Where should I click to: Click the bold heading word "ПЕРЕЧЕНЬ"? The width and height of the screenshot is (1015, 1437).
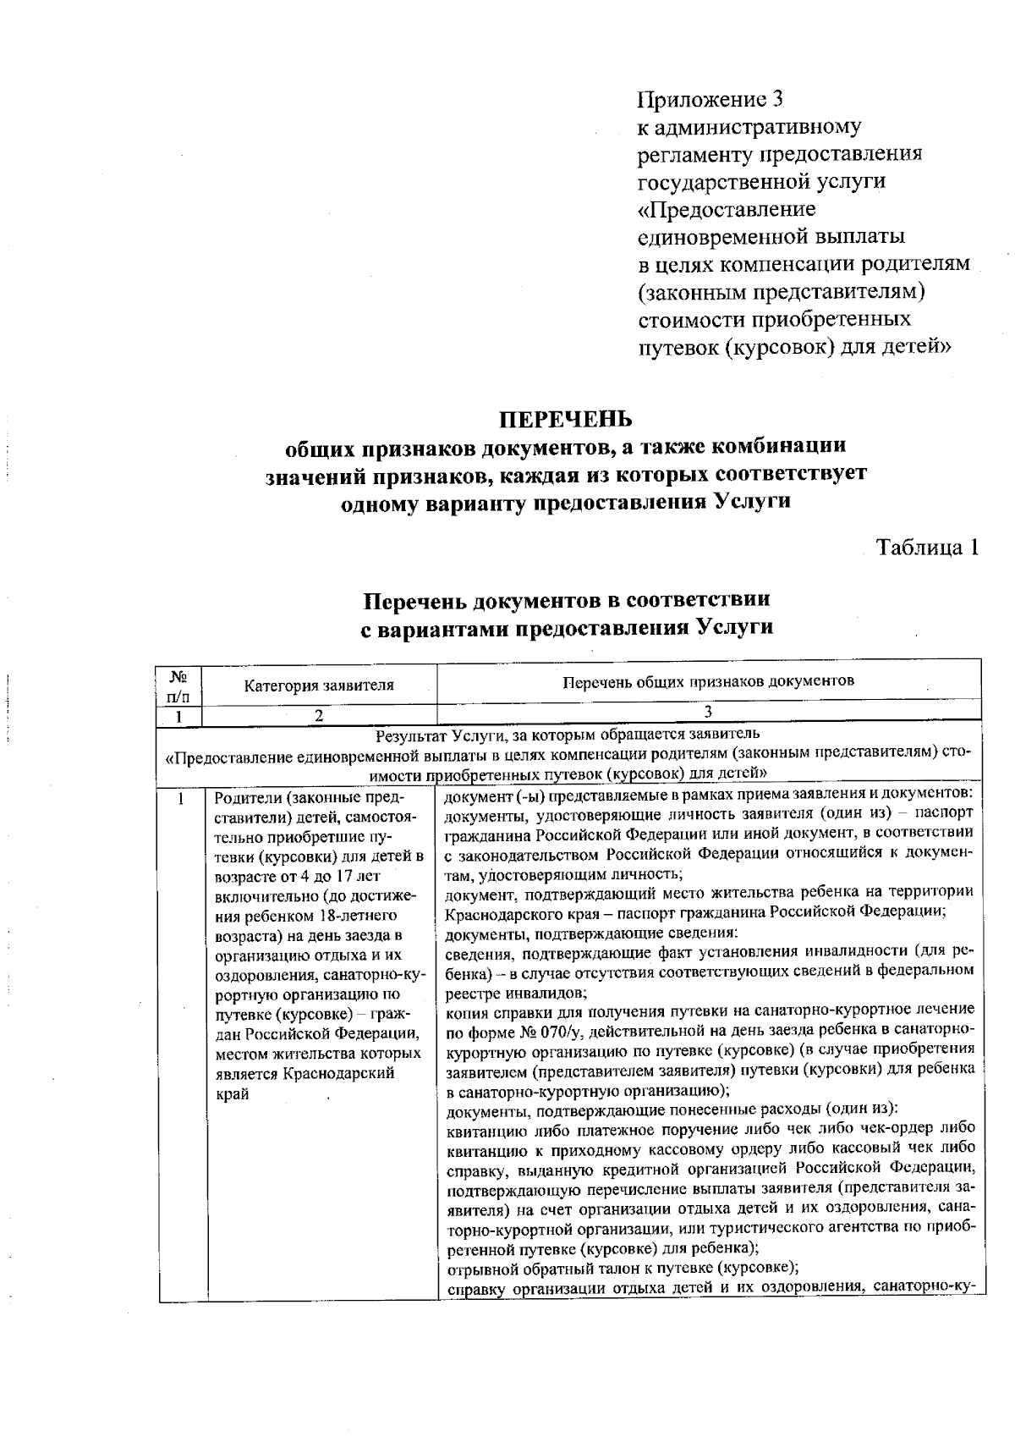pyautogui.click(x=566, y=420)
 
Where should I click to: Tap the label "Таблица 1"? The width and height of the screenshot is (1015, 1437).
pyautogui.click(x=927, y=548)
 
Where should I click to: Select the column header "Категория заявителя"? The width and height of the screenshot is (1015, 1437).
pyautogui.click(x=319, y=685)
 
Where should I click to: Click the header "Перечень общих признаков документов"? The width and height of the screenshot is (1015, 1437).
pyautogui.click(x=709, y=680)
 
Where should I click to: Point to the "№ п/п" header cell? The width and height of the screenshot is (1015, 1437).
pyautogui.click(x=178, y=686)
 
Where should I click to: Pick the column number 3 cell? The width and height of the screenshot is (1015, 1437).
pyautogui.click(x=709, y=713)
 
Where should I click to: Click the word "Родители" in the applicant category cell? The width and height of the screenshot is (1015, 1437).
pyautogui.click(x=246, y=798)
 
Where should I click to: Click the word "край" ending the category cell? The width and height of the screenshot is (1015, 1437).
pyautogui.click(x=232, y=1094)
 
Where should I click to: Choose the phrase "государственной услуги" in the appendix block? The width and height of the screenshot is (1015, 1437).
pyautogui.click(x=762, y=182)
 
